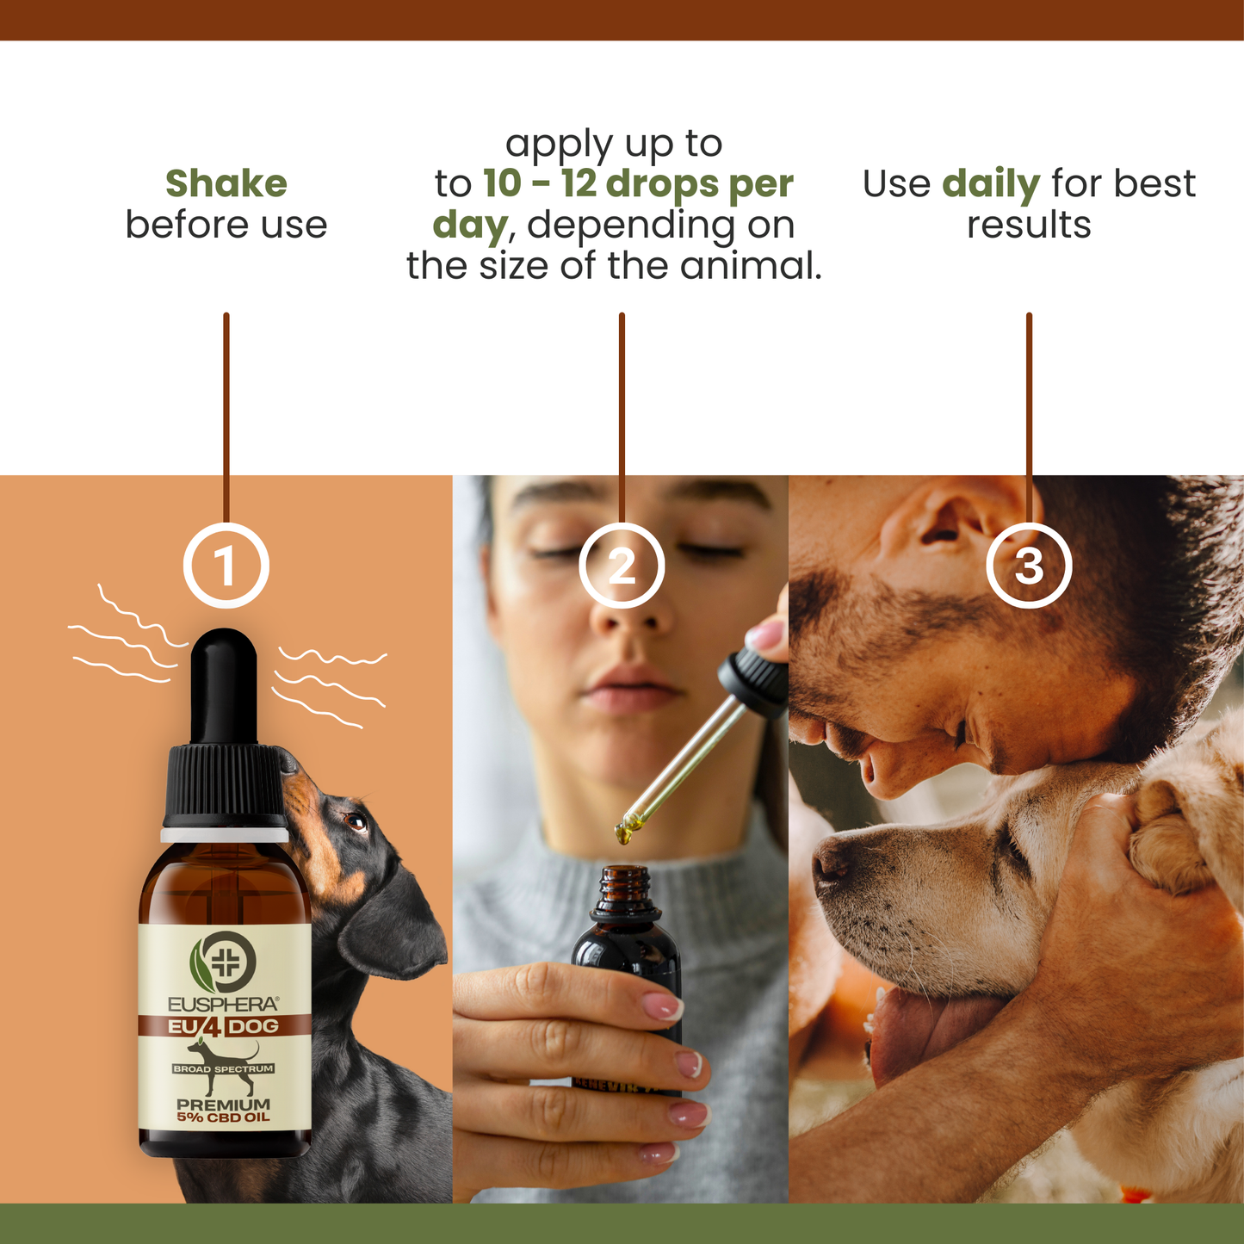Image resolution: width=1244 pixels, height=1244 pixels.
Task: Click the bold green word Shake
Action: [x=226, y=183]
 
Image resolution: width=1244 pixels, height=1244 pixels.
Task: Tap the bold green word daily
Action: [x=991, y=184]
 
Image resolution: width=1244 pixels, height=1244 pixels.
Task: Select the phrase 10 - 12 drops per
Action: [x=638, y=184]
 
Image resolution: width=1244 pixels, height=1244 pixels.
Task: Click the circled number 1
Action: [x=226, y=566]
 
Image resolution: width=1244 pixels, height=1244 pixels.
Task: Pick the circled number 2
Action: [x=622, y=566]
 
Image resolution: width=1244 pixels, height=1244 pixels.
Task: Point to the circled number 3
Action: [x=1029, y=566]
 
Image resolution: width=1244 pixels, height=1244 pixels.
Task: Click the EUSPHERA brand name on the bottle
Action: [x=223, y=1004]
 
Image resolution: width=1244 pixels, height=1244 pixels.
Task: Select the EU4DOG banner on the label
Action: [x=224, y=1026]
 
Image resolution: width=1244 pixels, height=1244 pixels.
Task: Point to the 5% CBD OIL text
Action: [x=224, y=1117]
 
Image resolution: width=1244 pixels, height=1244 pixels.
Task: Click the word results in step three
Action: [x=1029, y=225]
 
